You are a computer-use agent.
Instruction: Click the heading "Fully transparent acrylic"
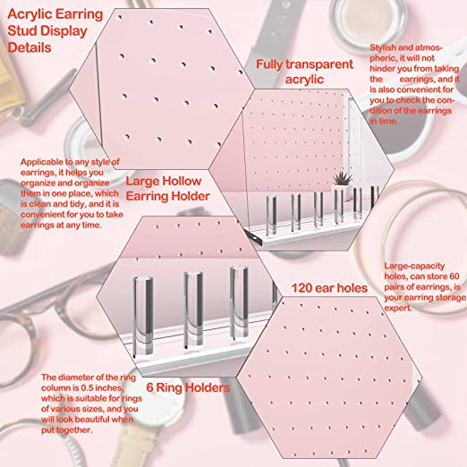coord(304,72)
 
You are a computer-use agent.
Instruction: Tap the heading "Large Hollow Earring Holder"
coord(168,189)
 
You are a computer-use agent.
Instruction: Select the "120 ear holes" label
coord(329,288)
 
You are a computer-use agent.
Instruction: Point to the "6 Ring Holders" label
coord(188,387)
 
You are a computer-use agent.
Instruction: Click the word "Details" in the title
coord(30,47)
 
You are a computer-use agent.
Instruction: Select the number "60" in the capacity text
coord(454,276)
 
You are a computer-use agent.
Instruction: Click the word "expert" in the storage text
coord(398,308)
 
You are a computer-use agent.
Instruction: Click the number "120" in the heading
coord(301,288)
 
